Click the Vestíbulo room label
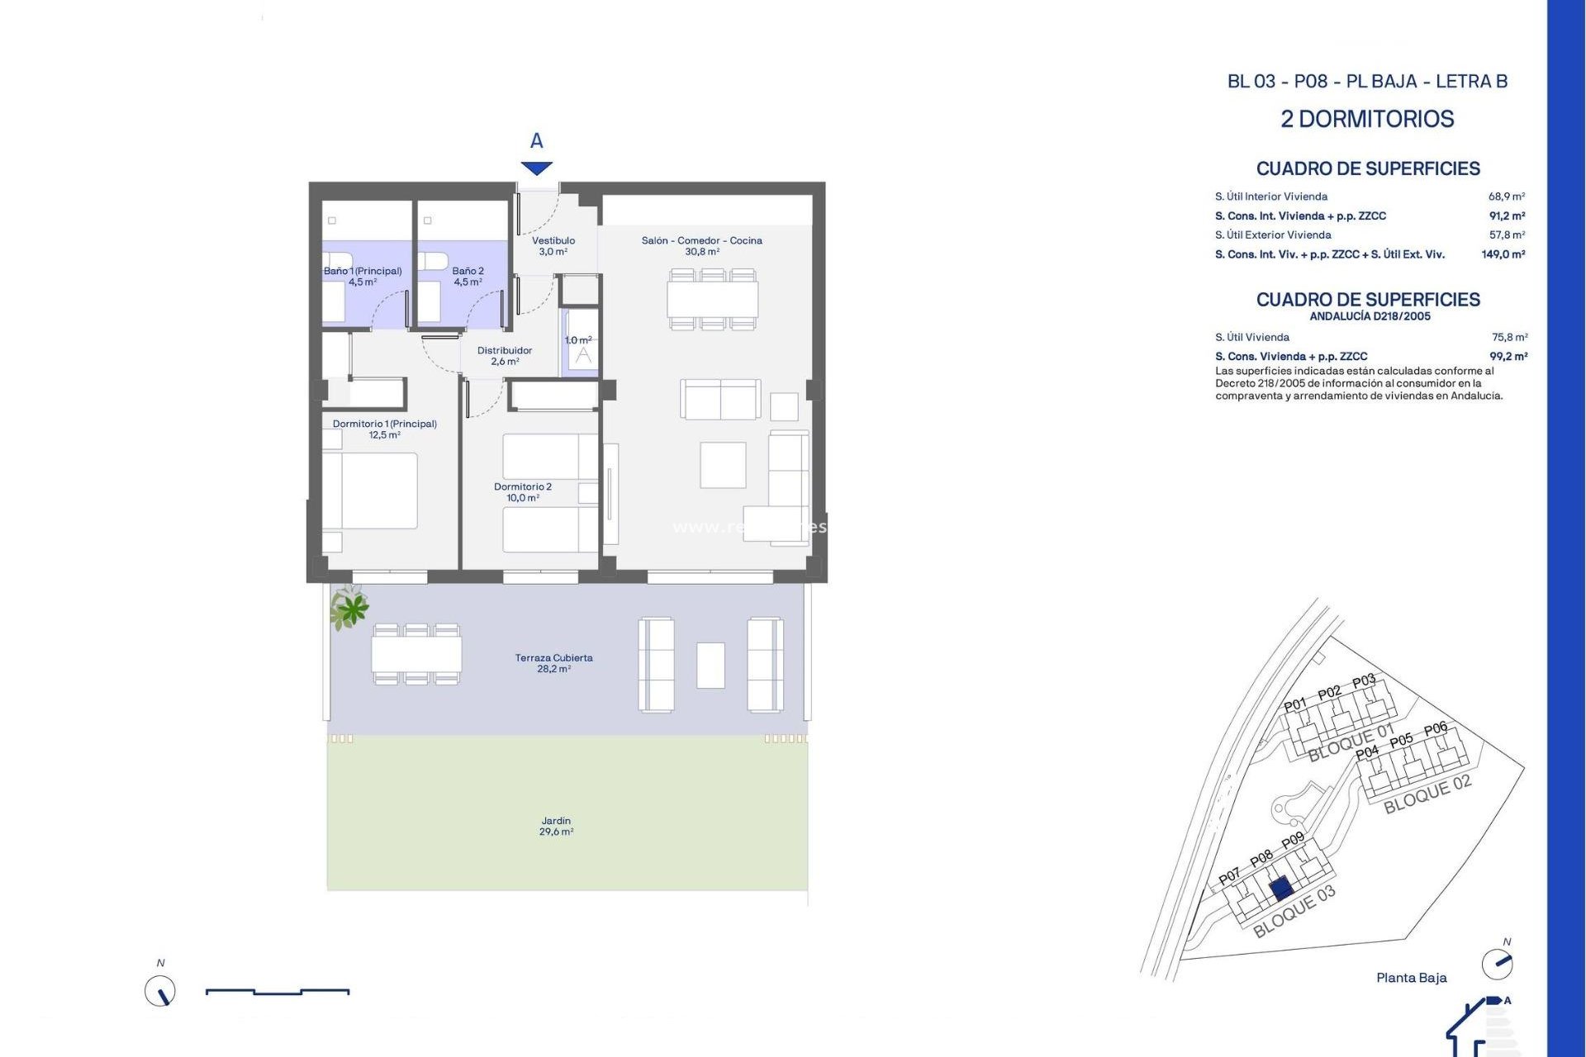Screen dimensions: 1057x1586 pyautogui.click(x=553, y=245)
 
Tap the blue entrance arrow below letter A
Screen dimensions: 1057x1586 pyautogui.click(x=536, y=168)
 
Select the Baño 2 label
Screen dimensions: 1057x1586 pyautogui.click(x=468, y=276)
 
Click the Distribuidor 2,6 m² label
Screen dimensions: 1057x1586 pyautogui.click(x=504, y=356)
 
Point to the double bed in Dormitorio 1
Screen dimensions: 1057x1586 pyautogui.click(x=378, y=491)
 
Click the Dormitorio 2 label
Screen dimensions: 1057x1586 pyautogui.click(x=522, y=491)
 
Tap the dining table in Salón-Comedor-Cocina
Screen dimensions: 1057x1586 pyautogui.click(x=712, y=299)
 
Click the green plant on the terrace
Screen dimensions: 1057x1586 pyautogui.click(x=350, y=609)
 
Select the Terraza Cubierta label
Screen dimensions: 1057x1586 pyautogui.click(x=553, y=663)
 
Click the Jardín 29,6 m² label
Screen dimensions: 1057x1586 pyautogui.click(x=556, y=826)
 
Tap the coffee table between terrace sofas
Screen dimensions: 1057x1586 pyautogui.click(x=710, y=666)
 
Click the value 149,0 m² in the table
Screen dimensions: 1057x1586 pyautogui.click(x=1503, y=254)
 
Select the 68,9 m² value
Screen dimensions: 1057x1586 pyautogui.click(x=1506, y=197)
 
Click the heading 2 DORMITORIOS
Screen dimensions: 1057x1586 pyautogui.click(x=1367, y=119)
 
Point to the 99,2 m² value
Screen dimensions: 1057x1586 pyautogui.click(x=1508, y=357)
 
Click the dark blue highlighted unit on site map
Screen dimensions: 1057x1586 pyautogui.click(x=1280, y=889)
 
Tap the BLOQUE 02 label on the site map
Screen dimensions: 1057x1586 pyautogui.click(x=1427, y=794)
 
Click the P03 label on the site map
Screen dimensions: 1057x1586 pyautogui.click(x=1364, y=681)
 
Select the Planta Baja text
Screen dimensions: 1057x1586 pyautogui.click(x=1411, y=978)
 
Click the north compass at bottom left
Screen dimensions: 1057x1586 pyautogui.click(x=160, y=990)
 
